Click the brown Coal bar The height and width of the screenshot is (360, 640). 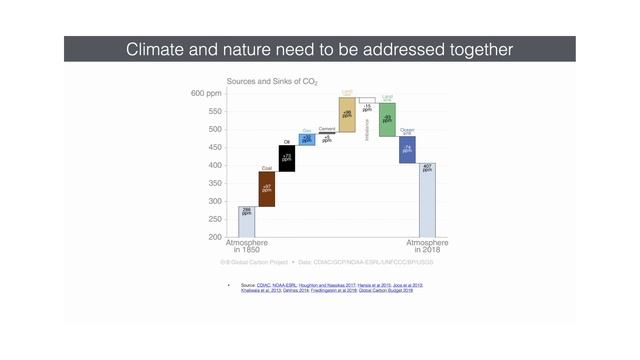[x=267, y=188]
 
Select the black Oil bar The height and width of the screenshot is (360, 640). [x=287, y=158]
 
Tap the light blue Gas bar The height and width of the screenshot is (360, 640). [x=307, y=139]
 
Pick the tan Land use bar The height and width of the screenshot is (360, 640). [x=347, y=114]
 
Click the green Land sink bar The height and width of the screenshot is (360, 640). [x=387, y=119]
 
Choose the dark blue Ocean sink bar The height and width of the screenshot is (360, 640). [x=407, y=149]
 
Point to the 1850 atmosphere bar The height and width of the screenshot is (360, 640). [x=246, y=221]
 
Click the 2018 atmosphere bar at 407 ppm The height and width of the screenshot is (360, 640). [x=427, y=199]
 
